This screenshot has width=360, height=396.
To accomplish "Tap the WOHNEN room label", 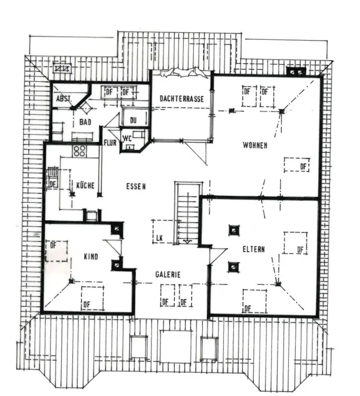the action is [255, 145].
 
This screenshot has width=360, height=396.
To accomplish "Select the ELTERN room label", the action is [253, 249].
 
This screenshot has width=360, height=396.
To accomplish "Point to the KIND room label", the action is [91, 257].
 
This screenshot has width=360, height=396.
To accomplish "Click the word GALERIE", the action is [168, 275].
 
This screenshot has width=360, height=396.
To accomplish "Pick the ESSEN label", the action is [136, 186].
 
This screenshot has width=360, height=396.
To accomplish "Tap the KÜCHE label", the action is [85, 185].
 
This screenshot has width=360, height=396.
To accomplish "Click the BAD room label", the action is [86, 122].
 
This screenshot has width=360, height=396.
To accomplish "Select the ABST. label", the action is [63, 99].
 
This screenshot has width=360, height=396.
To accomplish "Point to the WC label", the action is [127, 139].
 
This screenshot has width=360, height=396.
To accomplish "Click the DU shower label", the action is [133, 120].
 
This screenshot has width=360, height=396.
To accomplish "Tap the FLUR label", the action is [110, 143].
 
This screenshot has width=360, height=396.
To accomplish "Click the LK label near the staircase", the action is [158, 238].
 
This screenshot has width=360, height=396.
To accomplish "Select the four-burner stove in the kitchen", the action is [80, 151].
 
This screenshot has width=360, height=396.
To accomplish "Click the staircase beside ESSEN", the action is [187, 211].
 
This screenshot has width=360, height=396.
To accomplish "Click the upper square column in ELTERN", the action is [233, 230].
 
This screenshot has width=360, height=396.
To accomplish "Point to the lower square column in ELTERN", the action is [233, 267].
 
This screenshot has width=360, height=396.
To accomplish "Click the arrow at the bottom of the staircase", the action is [187, 241].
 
